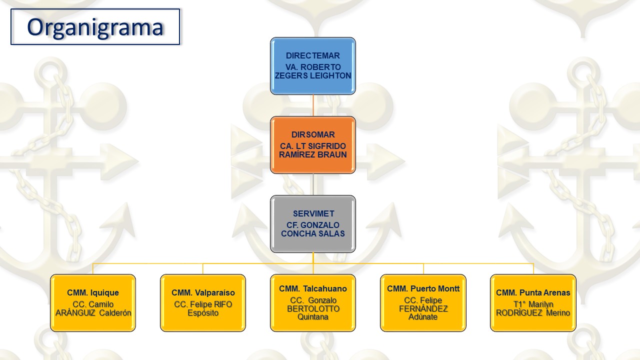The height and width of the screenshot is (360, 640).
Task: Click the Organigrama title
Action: [95, 27]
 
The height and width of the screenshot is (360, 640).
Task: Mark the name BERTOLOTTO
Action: [313, 308]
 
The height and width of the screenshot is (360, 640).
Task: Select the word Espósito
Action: [203, 313]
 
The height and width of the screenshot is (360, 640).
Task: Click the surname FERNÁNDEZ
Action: [423, 308]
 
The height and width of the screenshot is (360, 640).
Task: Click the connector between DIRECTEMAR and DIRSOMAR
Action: [313, 105]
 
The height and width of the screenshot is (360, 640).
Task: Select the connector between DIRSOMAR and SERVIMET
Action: [313, 184]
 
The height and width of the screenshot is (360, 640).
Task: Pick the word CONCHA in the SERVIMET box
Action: [298, 233]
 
